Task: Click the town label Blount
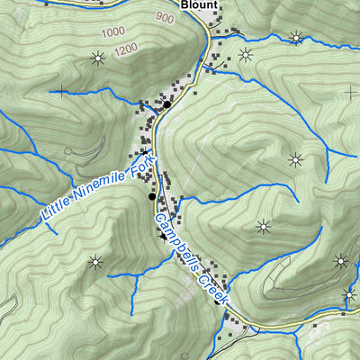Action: click(200, 4)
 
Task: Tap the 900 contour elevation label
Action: click(164, 17)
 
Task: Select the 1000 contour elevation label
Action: click(113, 32)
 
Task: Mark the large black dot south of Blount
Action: click(166, 104)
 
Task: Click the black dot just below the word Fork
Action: click(151, 195)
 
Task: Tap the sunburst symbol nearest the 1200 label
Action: click(97, 59)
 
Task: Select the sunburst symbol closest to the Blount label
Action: click(245, 55)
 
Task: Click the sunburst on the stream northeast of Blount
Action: click(295, 38)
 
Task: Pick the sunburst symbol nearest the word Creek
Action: click(264, 226)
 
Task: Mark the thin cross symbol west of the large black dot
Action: click(60, 90)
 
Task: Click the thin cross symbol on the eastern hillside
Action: click(350, 92)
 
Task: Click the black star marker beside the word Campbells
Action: click(163, 237)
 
